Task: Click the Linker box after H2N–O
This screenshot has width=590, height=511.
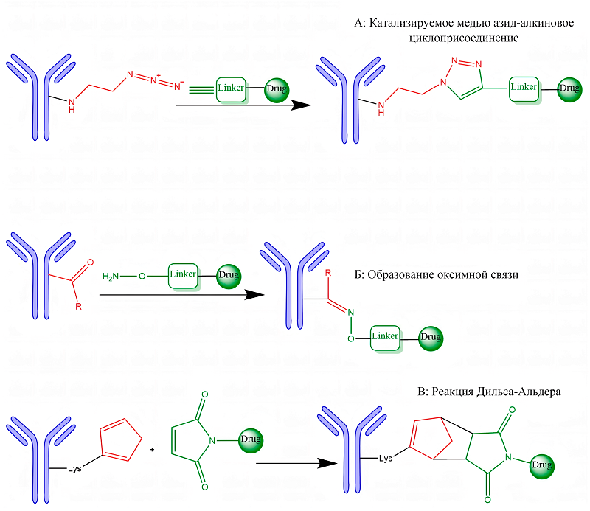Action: click(x=183, y=275)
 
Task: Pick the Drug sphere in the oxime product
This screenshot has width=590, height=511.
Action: click(x=431, y=337)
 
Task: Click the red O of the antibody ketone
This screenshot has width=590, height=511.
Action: click(x=91, y=261)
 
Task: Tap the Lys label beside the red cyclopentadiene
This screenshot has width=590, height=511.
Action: click(x=73, y=467)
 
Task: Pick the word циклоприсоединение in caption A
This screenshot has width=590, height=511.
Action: click(x=454, y=38)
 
